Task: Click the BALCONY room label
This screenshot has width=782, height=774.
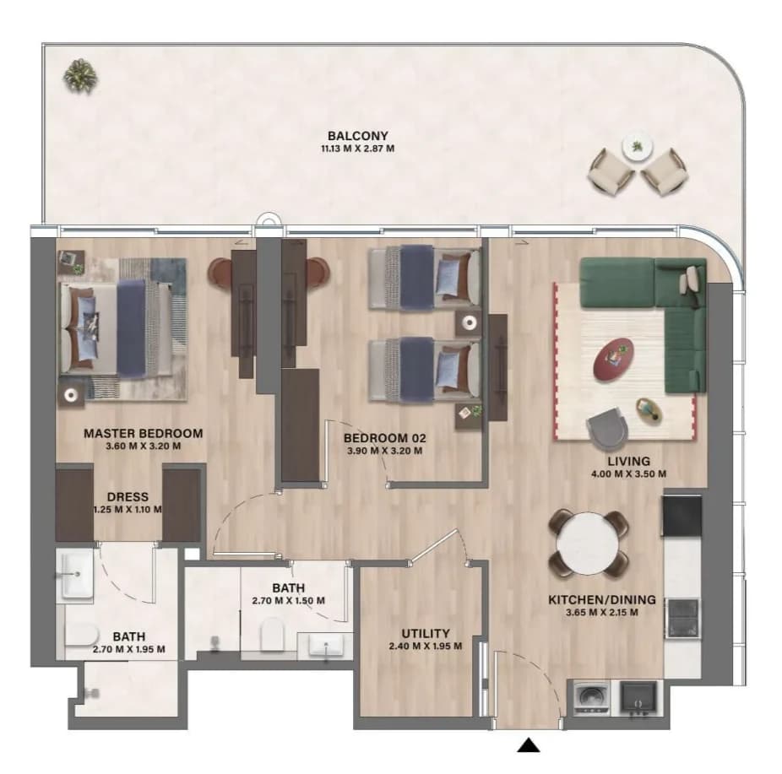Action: (357, 136)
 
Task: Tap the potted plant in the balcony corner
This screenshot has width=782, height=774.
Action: (80, 76)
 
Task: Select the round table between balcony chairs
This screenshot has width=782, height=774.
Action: (638, 147)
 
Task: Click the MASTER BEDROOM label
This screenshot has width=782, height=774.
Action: (143, 434)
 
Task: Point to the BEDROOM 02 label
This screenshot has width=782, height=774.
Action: (384, 439)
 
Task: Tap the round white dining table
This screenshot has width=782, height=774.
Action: (589, 544)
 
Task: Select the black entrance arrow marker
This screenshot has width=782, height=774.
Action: (529, 745)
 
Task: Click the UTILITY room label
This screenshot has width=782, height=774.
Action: (426, 633)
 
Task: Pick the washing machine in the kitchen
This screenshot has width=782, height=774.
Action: (591, 697)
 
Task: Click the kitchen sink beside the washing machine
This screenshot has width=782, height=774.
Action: (638, 699)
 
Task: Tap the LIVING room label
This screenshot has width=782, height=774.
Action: (628, 462)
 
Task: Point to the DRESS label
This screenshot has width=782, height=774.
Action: (128, 497)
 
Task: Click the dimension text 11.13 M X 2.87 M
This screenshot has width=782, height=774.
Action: (357, 149)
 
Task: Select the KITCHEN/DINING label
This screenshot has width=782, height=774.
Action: (602, 600)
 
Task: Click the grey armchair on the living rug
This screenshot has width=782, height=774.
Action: (606, 425)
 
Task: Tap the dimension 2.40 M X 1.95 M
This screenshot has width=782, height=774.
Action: (426, 647)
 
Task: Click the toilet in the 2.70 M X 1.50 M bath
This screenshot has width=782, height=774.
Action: (272, 633)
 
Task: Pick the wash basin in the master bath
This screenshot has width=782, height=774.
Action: (76, 574)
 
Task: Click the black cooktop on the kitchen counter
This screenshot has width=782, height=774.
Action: (682, 515)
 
